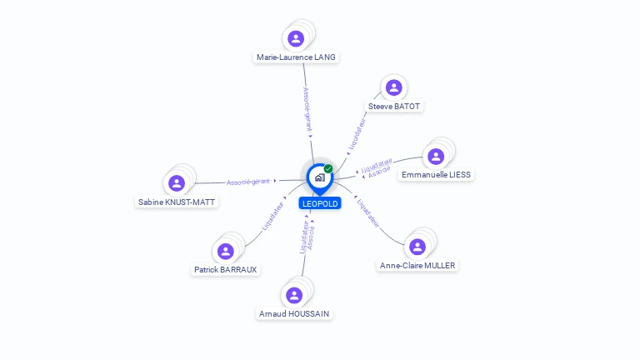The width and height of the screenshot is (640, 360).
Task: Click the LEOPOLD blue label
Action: click(320, 203)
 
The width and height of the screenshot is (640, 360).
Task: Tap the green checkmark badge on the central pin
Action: click(328, 168)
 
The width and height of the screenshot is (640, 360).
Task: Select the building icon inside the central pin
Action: click(320, 177)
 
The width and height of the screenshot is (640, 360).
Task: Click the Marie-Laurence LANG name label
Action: click(296, 57)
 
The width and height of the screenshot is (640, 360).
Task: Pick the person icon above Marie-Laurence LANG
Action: click(296, 39)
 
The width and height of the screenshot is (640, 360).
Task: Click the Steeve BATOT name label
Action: click(394, 106)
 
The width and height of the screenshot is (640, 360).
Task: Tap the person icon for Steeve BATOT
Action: click(394, 87)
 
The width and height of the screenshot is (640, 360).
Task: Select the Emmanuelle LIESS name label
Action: click(436, 175)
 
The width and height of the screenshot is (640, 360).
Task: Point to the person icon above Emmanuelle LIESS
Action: click(436, 157)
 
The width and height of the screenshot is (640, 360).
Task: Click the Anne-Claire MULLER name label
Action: click(417, 265)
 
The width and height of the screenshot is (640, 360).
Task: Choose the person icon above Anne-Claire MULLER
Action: click(417, 247)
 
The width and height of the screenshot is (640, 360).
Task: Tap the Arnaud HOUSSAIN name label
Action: click(294, 313)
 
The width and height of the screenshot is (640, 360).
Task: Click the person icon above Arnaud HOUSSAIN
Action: click(294, 295)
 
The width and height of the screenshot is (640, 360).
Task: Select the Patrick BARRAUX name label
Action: click(225, 269)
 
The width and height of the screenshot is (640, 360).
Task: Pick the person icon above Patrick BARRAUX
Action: click(225, 251)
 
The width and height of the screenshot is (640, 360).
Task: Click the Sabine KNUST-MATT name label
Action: click(177, 202)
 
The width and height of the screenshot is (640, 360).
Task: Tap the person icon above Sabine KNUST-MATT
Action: click(177, 183)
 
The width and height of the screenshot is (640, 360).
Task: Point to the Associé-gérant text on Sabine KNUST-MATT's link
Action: click(248, 182)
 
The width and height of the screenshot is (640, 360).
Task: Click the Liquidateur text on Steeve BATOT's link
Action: click(357, 134)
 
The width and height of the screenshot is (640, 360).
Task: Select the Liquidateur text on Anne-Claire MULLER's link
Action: click(367, 213)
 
